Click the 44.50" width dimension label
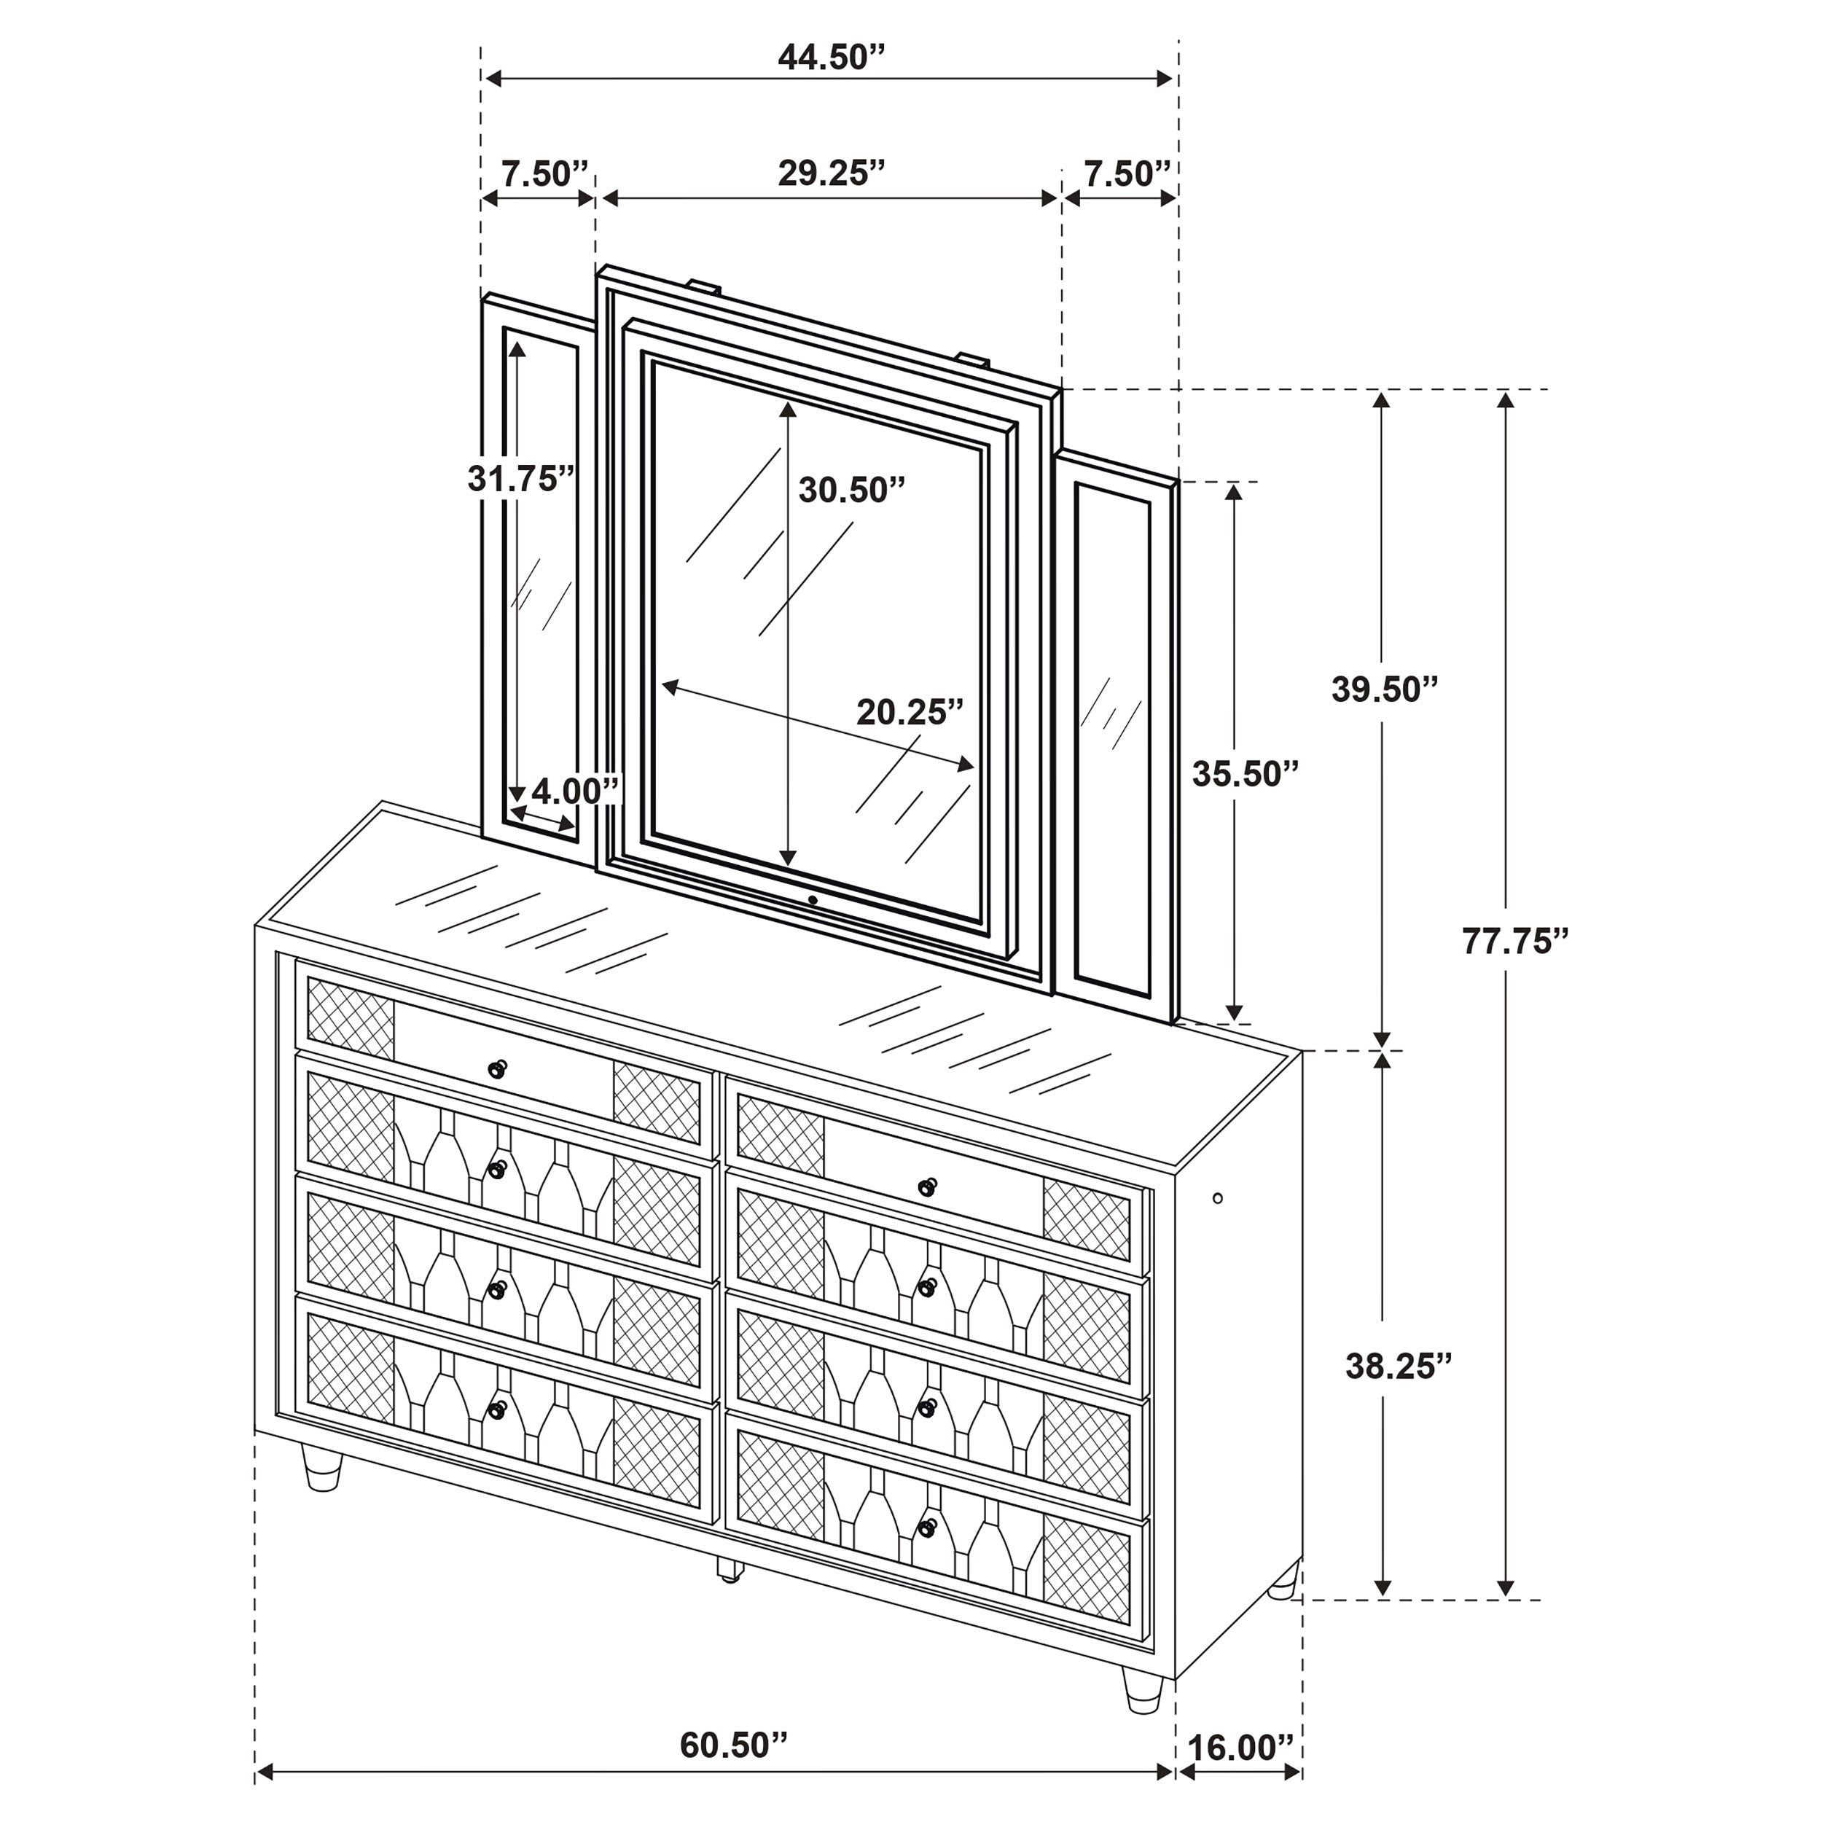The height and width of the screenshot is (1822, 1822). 831,58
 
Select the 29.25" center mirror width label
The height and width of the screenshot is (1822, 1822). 831,173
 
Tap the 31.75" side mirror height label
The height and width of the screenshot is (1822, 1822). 520,479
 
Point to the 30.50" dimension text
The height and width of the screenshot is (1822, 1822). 851,490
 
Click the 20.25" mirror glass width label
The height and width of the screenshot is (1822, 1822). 910,712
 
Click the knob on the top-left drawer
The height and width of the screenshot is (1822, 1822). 497,1069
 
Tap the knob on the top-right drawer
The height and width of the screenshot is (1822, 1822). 928,1186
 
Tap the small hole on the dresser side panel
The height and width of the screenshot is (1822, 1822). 1218,1199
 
